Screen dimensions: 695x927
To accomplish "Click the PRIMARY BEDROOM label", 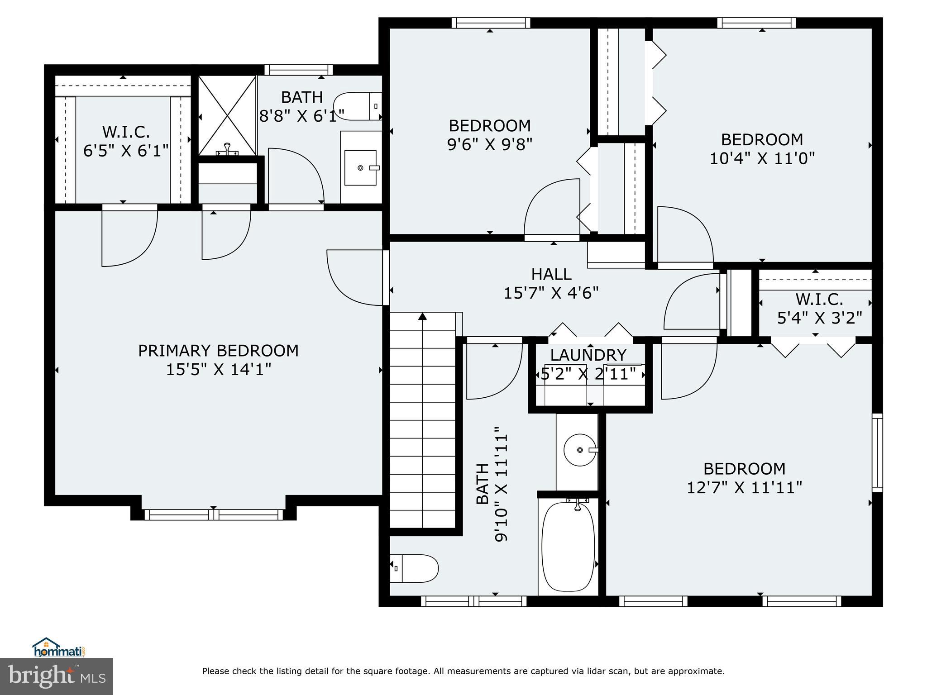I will coord(218,351).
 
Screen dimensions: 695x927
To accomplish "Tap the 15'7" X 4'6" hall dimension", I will coord(551,293).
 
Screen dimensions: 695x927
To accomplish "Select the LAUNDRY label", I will coord(588,355).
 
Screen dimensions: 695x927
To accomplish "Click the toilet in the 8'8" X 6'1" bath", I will coord(358,106).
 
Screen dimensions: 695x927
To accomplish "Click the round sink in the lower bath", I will coord(579,450).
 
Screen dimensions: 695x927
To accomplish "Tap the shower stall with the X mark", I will coord(227,115).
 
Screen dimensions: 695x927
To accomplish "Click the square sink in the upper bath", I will coord(360,168).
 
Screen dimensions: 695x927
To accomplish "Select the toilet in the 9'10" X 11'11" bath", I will coord(414,568).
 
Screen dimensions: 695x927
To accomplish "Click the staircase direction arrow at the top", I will coord(422,316).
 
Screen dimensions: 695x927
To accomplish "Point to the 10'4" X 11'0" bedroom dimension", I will coord(762,158).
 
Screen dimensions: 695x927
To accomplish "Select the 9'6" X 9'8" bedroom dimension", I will coord(489,144).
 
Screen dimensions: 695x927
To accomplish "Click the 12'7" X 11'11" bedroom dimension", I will coord(744,488).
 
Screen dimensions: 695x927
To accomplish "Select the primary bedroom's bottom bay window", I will coord(214,514).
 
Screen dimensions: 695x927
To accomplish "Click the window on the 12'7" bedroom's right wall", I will coord(877,452).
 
